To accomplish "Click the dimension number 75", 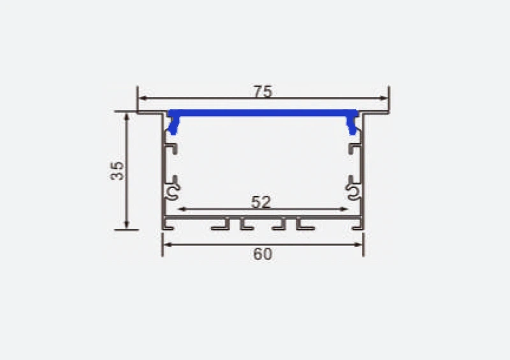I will [262, 91].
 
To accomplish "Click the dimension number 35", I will [117, 170].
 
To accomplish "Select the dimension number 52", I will [261, 202].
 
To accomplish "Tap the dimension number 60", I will [262, 254].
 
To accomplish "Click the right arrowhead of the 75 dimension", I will [384, 98].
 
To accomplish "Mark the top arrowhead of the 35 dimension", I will [127, 117].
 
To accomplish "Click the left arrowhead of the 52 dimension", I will [181, 208].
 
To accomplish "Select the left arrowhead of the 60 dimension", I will [166, 243].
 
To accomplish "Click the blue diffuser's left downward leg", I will [171, 126].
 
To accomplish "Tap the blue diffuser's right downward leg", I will [352, 126].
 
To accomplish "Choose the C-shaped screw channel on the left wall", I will [172, 191].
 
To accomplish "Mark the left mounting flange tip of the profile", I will [140, 113].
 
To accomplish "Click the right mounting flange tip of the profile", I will [386, 113].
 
